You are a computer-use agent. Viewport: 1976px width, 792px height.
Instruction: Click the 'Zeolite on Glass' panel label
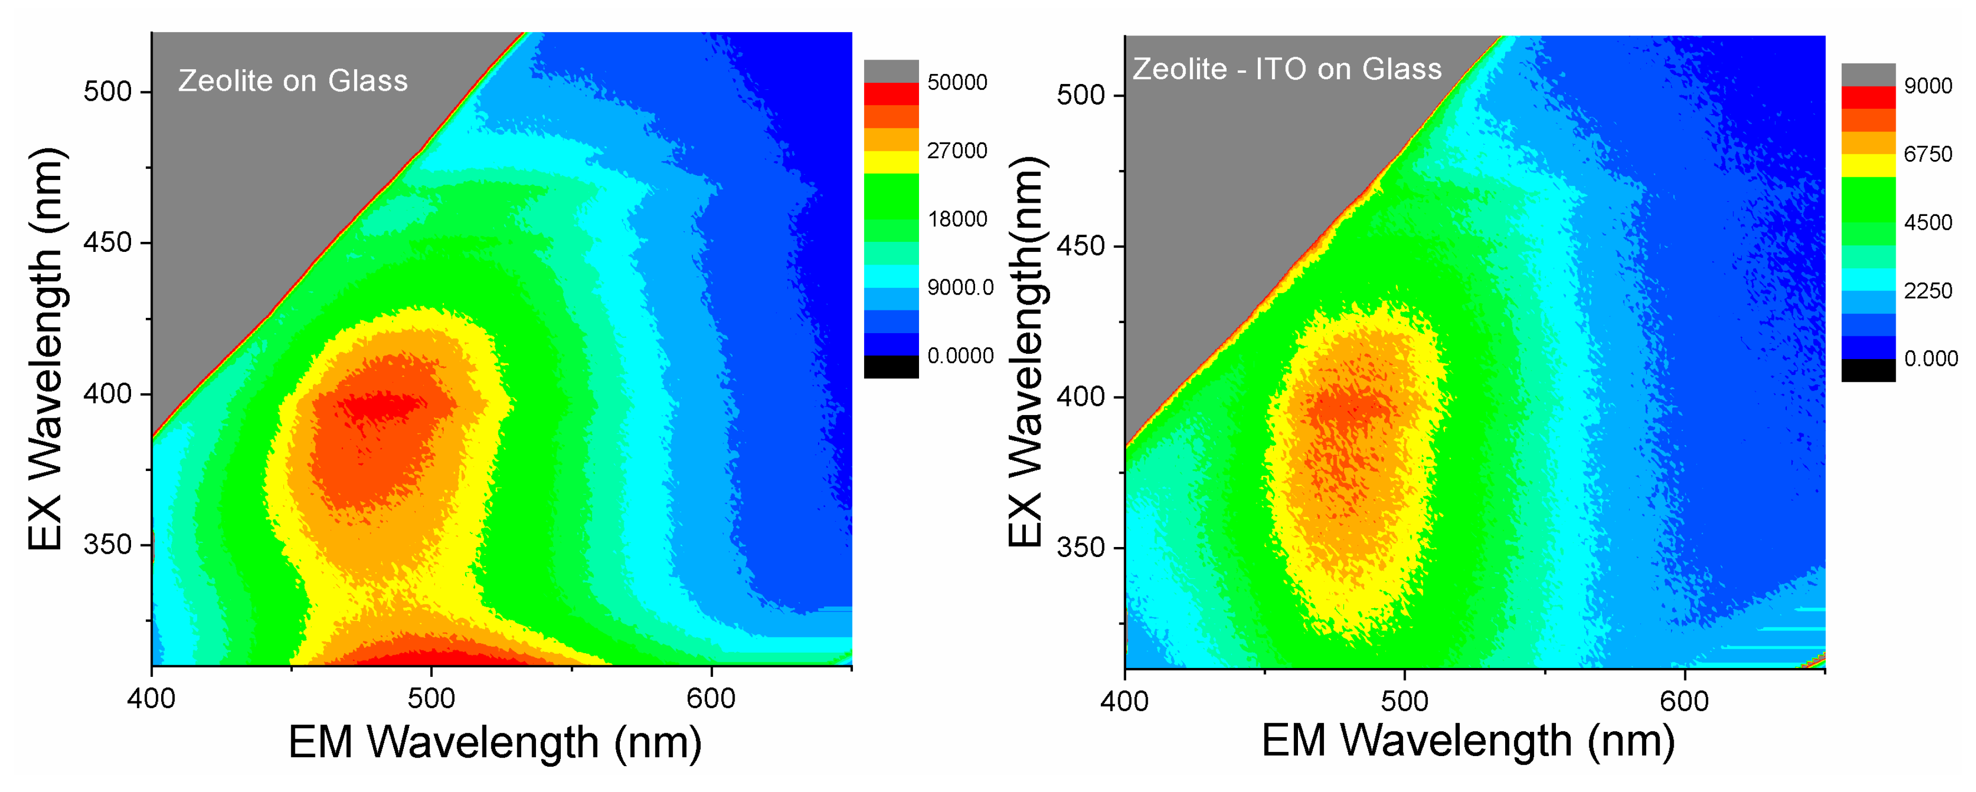click(x=293, y=80)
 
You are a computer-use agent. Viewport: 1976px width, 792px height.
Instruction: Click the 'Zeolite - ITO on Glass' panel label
click(x=1287, y=69)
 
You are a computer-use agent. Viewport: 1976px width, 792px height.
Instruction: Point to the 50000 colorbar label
click(x=957, y=82)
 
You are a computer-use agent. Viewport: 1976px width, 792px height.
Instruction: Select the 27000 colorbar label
click(x=957, y=150)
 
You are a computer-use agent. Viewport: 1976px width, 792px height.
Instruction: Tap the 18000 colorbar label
click(x=957, y=219)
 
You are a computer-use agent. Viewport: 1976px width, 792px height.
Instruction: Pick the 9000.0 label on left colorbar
click(x=960, y=288)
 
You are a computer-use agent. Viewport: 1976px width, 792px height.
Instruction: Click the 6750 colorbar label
click(x=1928, y=154)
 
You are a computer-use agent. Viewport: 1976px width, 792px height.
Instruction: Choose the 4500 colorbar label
click(x=1928, y=222)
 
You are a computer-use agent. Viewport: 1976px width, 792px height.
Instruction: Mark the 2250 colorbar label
click(x=1928, y=290)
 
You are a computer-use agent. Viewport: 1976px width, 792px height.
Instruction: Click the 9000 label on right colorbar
click(x=1928, y=86)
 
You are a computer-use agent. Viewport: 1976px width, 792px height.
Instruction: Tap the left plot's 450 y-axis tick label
click(x=107, y=242)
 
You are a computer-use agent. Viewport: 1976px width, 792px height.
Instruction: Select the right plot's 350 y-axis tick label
click(x=1080, y=548)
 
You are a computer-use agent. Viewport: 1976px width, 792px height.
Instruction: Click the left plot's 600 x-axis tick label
click(x=711, y=699)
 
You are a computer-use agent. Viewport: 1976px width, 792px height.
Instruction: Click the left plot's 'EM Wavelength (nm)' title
click(x=495, y=742)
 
